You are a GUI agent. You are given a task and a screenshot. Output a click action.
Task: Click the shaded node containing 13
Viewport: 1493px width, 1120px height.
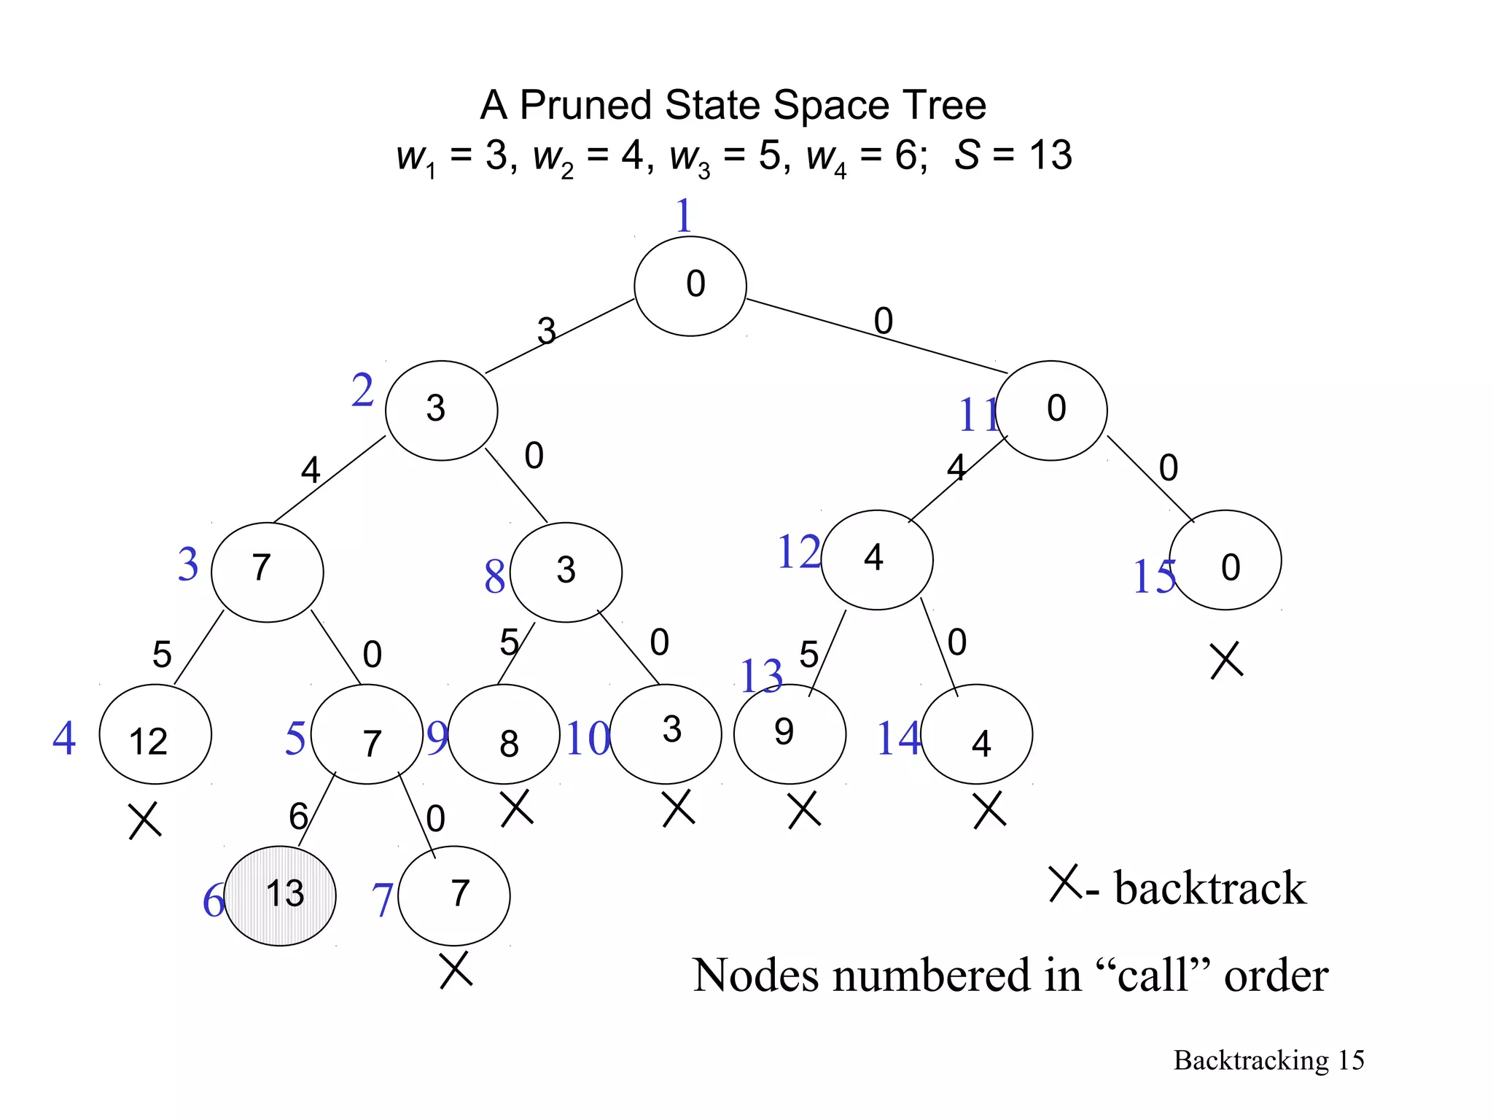point(280,895)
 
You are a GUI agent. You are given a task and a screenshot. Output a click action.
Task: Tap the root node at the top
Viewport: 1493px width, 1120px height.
point(690,286)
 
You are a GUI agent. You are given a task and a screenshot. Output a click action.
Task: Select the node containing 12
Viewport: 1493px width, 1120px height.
point(155,734)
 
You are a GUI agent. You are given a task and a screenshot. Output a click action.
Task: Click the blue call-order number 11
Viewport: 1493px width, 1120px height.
point(977,416)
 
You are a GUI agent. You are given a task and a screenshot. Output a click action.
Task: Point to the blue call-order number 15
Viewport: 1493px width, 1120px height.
point(1153,577)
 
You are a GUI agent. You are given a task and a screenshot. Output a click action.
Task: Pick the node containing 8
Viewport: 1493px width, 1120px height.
point(504,734)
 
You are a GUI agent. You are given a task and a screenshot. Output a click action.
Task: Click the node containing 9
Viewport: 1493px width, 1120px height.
point(790,734)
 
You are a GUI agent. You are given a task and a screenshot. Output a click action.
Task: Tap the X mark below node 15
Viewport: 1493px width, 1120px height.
point(1226,661)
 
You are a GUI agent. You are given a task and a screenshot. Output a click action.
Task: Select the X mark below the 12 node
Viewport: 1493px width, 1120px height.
point(144,821)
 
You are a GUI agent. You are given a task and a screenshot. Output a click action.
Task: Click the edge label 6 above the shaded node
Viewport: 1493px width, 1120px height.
point(298,815)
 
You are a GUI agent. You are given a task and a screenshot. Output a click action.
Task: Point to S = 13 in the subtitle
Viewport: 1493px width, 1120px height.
point(1013,155)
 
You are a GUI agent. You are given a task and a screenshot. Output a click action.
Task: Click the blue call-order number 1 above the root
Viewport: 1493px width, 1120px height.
point(683,216)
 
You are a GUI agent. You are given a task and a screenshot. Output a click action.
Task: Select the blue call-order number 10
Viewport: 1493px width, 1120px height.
point(588,738)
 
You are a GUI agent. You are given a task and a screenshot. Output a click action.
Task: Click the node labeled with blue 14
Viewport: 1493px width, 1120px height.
point(977,734)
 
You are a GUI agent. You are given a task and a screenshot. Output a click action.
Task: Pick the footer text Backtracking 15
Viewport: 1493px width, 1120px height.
point(1268,1060)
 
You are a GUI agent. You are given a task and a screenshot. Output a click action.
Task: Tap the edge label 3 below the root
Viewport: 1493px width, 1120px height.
point(546,331)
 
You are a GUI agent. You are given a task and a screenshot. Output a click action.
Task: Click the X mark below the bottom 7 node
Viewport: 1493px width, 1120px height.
point(456,970)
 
